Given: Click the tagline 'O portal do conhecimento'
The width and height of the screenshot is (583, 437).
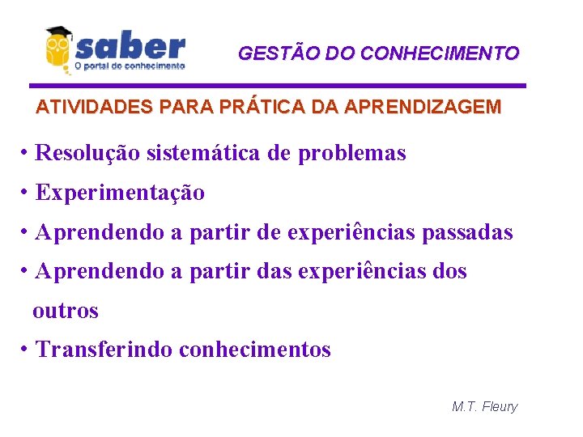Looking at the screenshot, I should click(x=130, y=66).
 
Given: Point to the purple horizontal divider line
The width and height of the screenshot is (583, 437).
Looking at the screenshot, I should click(x=278, y=85).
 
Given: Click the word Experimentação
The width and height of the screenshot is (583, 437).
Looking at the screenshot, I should click(x=121, y=193).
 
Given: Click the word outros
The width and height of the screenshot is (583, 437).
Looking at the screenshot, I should click(x=66, y=311).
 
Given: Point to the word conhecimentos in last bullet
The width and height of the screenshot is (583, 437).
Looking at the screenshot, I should click(x=254, y=350).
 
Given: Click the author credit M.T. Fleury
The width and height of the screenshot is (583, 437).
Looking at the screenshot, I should click(x=484, y=406).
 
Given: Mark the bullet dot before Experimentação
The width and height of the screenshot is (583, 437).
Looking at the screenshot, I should click(x=27, y=193).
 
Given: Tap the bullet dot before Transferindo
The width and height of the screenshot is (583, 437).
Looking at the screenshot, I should click(x=27, y=349).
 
